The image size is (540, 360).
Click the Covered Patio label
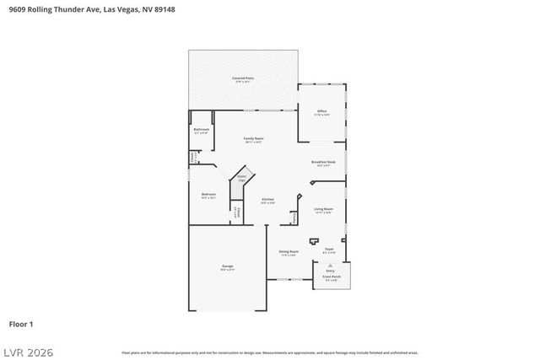pyautogui.click(x=243, y=78)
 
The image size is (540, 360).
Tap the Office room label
pyautogui.click(x=321, y=111)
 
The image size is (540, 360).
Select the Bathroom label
pyautogui.click(x=201, y=130)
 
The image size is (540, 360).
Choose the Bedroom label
pyautogui.click(x=208, y=195)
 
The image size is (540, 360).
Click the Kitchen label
pyautogui.click(x=267, y=200)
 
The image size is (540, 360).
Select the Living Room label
pyautogui.click(x=323, y=210)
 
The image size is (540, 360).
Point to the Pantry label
pyautogui.click(x=294, y=218)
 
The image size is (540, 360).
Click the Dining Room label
pyautogui.click(x=289, y=252)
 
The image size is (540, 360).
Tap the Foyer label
pyautogui.click(x=329, y=250)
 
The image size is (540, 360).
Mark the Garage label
pyautogui.click(x=227, y=266)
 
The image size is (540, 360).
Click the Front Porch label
pyautogui.click(x=331, y=277)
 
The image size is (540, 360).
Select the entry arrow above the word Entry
pyautogui.click(x=331, y=264)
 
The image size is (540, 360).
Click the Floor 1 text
pyautogui.click(x=20, y=323)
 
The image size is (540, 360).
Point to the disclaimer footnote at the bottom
pyautogui.click(x=269, y=352)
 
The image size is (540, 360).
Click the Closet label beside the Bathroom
pyautogui.click(x=193, y=157)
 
